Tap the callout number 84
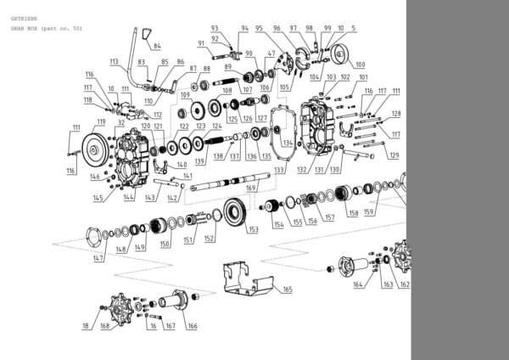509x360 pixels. click(157, 47)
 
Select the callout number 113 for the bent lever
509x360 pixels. click(115, 61)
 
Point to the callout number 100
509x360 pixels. click(360, 64)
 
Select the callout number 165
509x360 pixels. click(287, 290)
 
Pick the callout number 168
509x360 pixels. click(104, 325)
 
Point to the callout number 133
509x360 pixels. click(279, 170)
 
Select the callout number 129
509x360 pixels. click(393, 155)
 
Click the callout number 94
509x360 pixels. click(244, 28)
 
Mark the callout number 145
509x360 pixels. click(98, 198)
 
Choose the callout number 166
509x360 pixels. click(192, 325)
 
